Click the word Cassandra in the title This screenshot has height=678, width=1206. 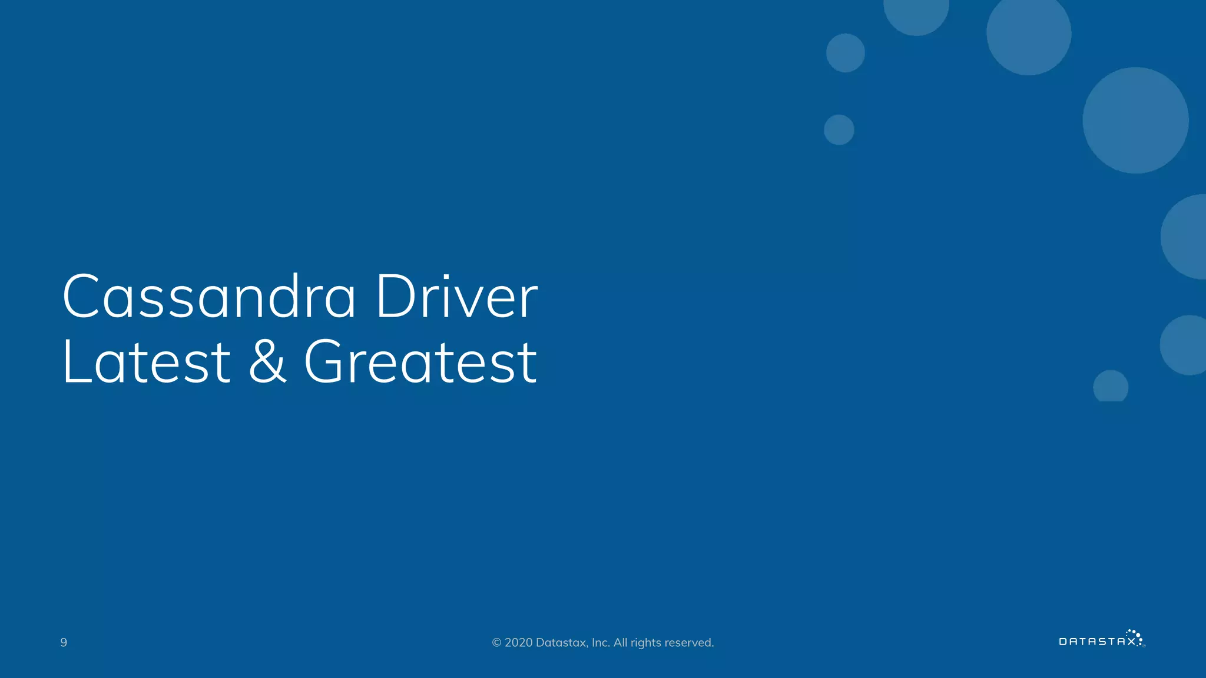pos(209,297)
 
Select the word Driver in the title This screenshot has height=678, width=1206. pos(456,297)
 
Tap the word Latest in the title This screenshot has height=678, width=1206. pos(146,361)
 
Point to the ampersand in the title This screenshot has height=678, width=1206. pos(267,361)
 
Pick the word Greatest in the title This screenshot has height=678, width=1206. pos(420,361)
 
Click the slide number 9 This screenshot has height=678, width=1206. pos(64,643)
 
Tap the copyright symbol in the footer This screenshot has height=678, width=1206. pos(496,643)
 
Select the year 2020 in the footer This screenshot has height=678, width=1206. pos(518,643)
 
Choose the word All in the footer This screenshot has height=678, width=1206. pos(620,643)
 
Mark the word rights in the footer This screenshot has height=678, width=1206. pos(646,643)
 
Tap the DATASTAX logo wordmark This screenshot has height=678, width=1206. pos(1097,642)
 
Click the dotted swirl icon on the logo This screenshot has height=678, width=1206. pos(1136,636)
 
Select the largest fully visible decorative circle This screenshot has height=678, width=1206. pos(1135,120)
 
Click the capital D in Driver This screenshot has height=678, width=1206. pos(395,297)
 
